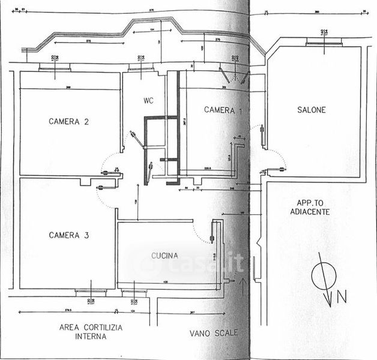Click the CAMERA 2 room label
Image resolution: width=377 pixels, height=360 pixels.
point(68,121)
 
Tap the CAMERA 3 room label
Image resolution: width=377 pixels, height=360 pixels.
point(68,235)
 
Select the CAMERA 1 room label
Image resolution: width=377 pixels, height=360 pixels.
point(223,110)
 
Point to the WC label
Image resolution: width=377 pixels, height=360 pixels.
point(149,100)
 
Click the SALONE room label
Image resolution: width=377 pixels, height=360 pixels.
point(312,110)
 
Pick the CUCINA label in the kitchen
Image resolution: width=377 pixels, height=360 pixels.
point(164,256)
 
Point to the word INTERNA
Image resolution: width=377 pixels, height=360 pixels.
point(92,337)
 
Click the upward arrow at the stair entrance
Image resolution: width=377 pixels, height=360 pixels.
point(243,285)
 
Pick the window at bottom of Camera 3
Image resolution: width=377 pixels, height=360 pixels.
point(91,292)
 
